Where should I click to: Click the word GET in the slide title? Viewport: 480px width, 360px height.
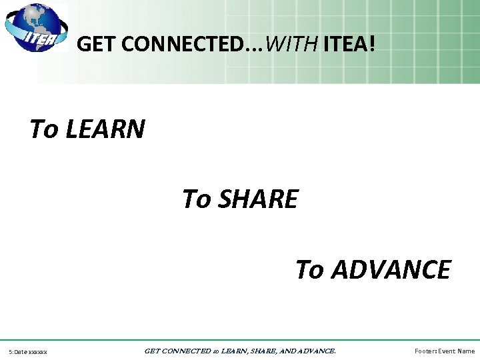click(x=94, y=45)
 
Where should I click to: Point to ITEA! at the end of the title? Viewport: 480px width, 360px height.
click(x=349, y=45)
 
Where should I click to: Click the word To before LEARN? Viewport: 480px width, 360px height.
click(x=44, y=129)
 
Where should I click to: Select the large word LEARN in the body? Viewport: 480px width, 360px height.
click(x=105, y=129)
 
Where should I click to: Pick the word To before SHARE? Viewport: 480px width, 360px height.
click(x=197, y=199)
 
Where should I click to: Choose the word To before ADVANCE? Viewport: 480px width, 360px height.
click(x=310, y=270)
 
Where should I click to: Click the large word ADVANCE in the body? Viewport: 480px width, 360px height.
click(x=391, y=270)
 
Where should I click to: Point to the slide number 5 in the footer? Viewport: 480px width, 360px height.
click(x=10, y=351)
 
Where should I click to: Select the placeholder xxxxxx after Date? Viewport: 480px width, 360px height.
click(x=37, y=351)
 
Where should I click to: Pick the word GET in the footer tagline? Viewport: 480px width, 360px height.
click(x=152, y=351)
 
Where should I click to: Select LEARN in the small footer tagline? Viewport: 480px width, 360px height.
click(x=233, y=351)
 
